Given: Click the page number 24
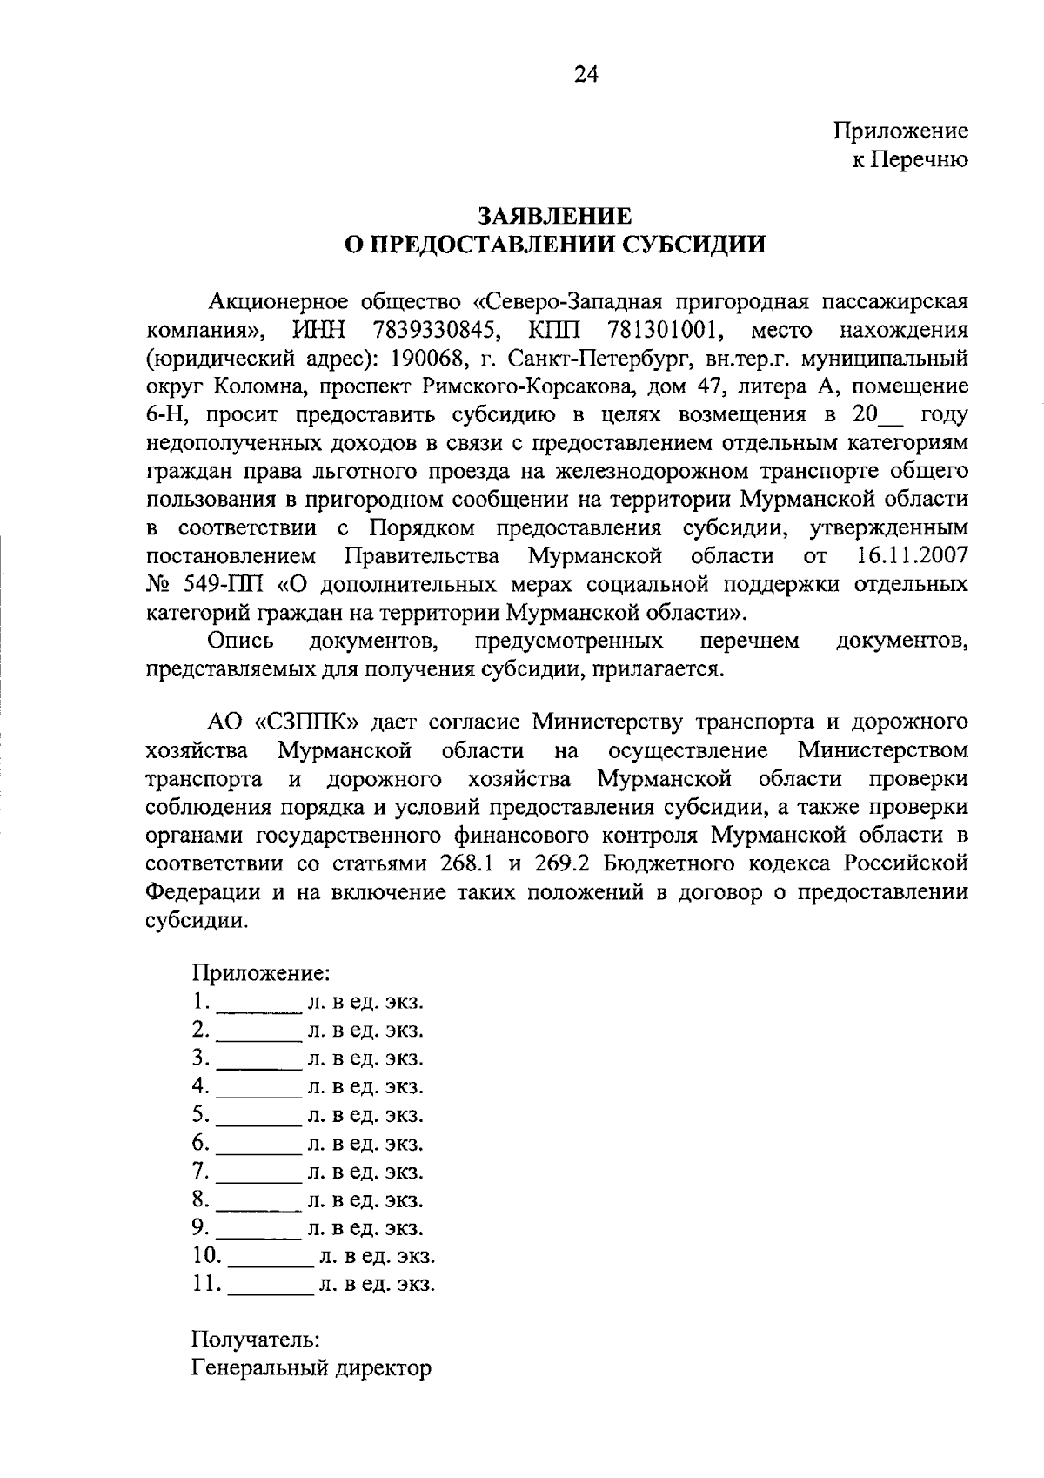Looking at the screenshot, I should pyautogui.click(x=586, y=76).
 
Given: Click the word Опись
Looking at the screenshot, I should pyautogui.click(x=241, y=641).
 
